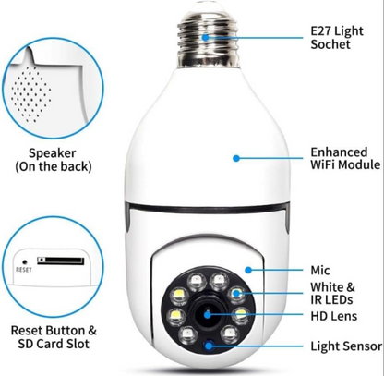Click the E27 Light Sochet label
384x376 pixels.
pyautogui.click(x=337, y=38)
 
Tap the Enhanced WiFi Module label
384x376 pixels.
pyautogui.click(x=345, y=158)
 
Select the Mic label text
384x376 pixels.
pyautogui.click(x=320, y=271)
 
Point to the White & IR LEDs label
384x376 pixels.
pyautogui.click(x=332, y=293)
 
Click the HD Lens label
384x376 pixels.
pyautogui.click(x=334, y=316)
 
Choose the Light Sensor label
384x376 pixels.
pyautogui.click(x=346, y=346)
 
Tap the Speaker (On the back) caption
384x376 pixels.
pyautogui.click(x=53, y=160)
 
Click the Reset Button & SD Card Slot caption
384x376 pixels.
pyautogui.click(x=54, y=337)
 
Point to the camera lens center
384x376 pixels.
pyautogui.click(x=208, y=315)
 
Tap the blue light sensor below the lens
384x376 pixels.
pyautogui.click(x=210, y=346)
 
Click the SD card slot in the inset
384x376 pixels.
pyautogui.click(x=61, y=261)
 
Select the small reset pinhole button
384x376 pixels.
pyautogui.click(x=25, y=262)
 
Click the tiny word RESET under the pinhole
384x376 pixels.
pyautogui.click(x=24, y=270)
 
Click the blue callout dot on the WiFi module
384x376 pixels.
pyautogui.click(x=236, y=158)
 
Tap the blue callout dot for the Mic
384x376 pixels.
pyautogui.click(x=248, y=270)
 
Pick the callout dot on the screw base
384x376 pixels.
pyautogui.click(x=205, y=37)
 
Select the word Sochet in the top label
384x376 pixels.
pyautogui.click(x=330, y=44)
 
